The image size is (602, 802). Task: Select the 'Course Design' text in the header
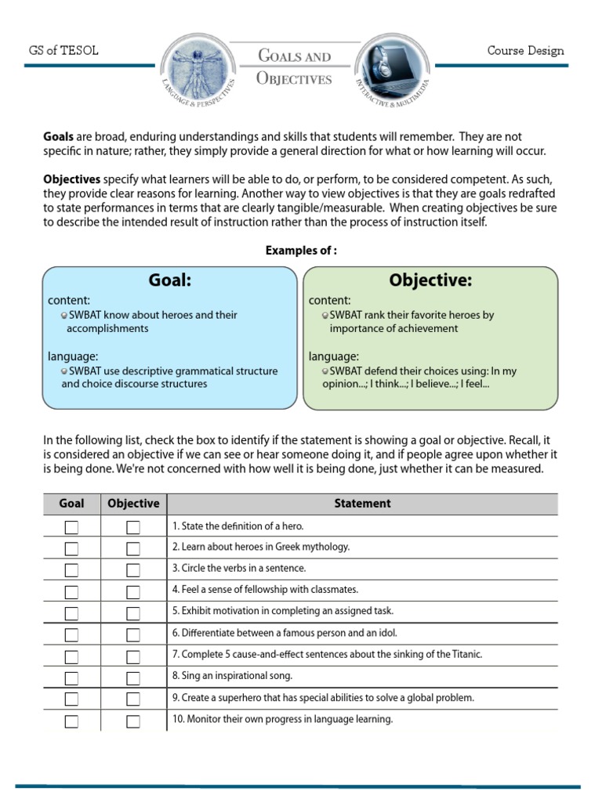tap(525, 51)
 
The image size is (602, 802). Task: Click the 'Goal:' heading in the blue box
tap(170, 280)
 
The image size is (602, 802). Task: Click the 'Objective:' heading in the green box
tap(430, 280)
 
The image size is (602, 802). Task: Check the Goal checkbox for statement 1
tap(71, 527)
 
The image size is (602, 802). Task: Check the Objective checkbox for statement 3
tap(133, 570)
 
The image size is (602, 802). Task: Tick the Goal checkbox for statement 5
tap(71, 613)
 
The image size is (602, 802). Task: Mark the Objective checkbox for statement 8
tap(133, 677)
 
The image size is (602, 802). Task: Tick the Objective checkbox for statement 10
tap(133, 721)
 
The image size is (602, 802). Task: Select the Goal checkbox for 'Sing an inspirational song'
tap(71, 677)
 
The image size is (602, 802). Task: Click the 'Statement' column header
tap(362, 504)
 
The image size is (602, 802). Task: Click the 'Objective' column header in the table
tap(133, 504)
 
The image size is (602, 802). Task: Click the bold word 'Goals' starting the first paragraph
tap(59, 137)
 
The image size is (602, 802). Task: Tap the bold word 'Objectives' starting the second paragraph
tap(71, 179)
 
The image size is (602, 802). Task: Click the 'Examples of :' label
tap(301, 251)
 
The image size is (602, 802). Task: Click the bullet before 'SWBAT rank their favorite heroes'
tap(325, 315)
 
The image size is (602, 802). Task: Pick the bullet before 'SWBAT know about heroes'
tap(64, 315)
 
